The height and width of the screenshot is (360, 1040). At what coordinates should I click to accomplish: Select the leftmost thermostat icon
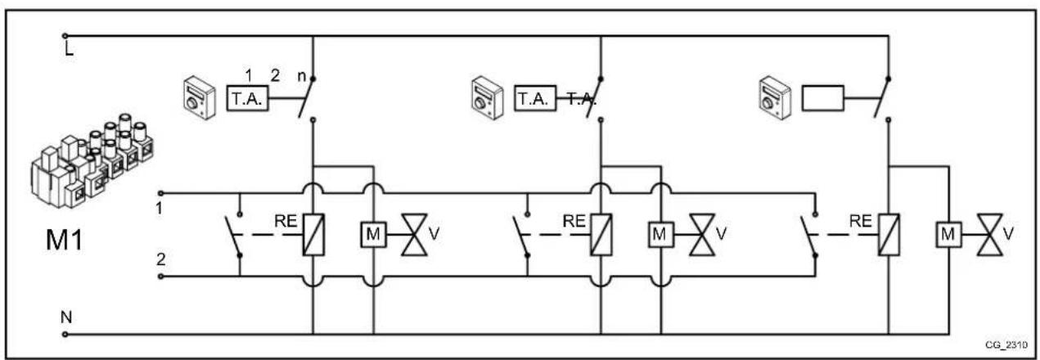196,98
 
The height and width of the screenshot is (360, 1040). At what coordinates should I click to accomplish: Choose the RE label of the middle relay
574,221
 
